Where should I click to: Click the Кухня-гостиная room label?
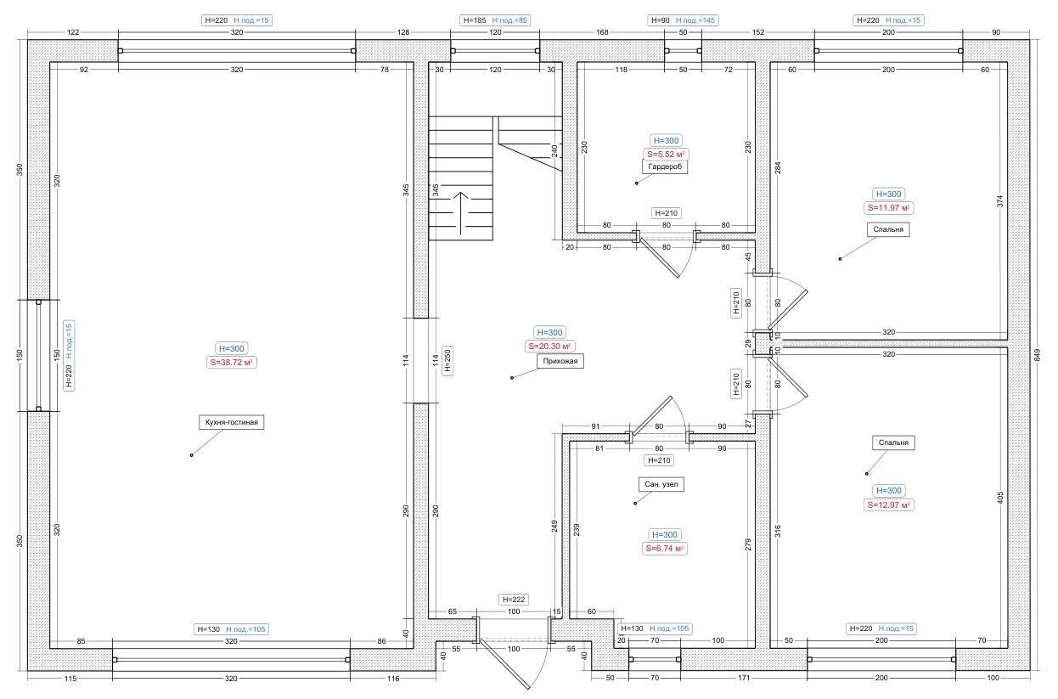coord(232,422)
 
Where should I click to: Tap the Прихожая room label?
coord(560,361)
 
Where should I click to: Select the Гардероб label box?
coord(665,166)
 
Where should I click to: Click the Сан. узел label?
coord(661,484)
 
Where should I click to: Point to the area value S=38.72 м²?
coord(232,363)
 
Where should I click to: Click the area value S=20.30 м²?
coord(549,347)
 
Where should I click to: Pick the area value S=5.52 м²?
coord(666,154)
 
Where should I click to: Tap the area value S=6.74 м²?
coord(665,549)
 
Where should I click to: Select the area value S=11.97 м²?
coord(888,208)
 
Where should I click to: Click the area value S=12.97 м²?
coord(888,505)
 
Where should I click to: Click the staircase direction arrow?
coord(461,213)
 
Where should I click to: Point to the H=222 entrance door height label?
coord(514,600)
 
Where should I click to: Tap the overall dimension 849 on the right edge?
coord(1038,355)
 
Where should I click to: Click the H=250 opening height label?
coord(447,361)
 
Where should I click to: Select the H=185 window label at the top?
coord(475,20)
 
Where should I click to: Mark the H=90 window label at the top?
coord(661,20)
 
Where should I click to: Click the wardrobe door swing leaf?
coord(659,258)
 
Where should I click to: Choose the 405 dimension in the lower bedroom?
coord(1000,498)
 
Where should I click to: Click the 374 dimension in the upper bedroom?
coord(1000,201)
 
